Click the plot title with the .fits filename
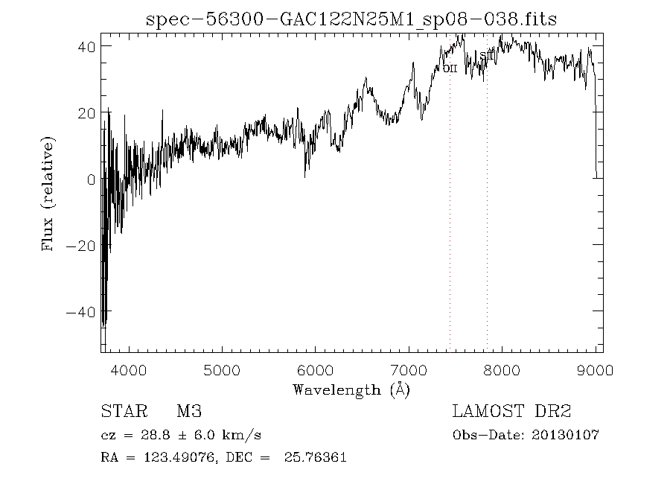[351, 19]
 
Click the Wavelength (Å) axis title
[351, 389]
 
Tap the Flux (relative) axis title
[49, 193]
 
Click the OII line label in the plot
[450, 69]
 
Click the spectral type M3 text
[189, 412]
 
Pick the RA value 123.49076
[176, 457]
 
